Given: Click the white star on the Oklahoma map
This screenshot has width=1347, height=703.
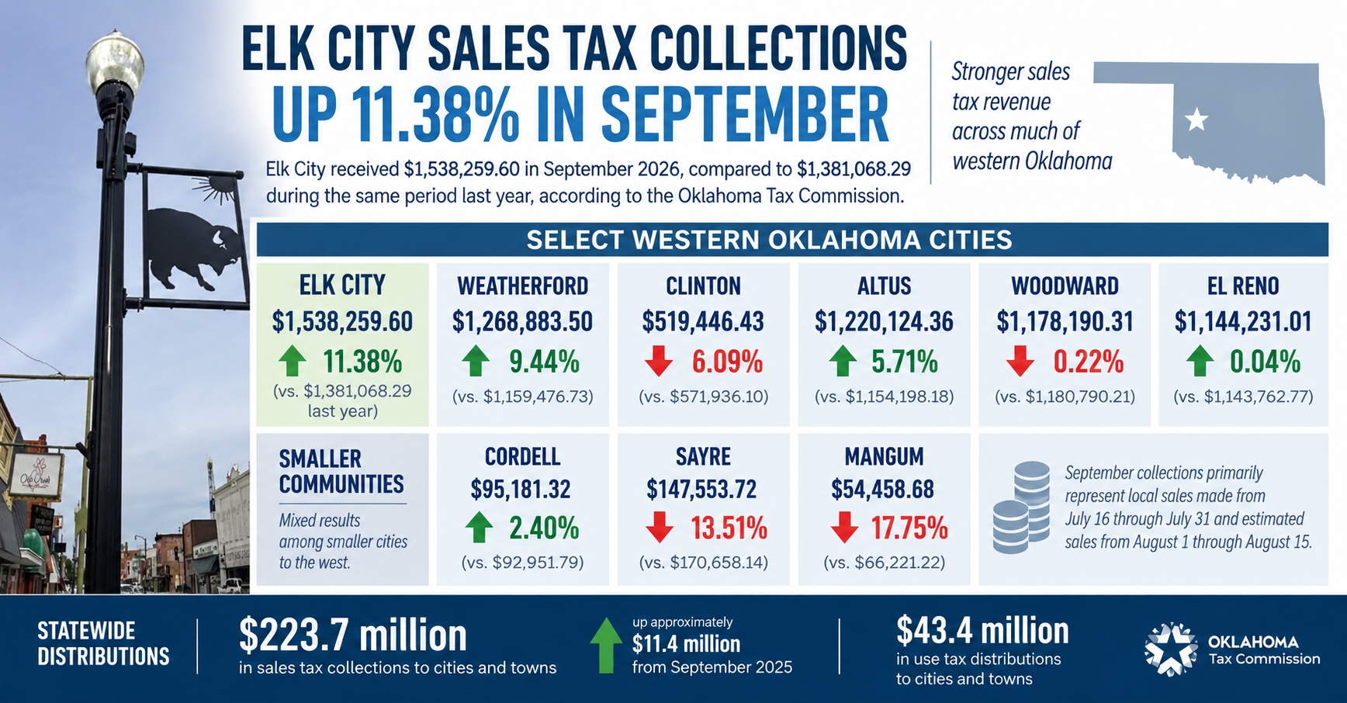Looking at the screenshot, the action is pyautogui.click(x=1197, y=119).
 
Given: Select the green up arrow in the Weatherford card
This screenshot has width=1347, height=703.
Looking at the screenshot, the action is pyautogui.click(x=476, y=362).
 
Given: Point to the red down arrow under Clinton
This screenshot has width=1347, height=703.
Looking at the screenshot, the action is pyautogui.click(x=659, y=362).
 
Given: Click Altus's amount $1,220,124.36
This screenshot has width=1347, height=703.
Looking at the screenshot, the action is pyautogui.click(x=884, y=321).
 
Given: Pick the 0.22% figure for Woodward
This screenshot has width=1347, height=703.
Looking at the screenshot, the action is pyautogui.click(x=1088, y=362).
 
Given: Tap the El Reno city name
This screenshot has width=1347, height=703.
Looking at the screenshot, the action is pyautogui.click(x=1243, y=286).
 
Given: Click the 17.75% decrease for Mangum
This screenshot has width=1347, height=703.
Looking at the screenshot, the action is pyautogui.click(x=909, y=528).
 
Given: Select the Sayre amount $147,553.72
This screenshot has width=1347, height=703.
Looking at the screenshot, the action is pyautogui.click(x=703, y=489).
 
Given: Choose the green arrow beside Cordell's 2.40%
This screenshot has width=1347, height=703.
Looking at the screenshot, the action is pyautogui.click(x=480, y=528).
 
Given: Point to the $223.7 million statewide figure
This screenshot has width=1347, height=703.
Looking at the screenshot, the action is pyautogui.click(x=353, y=635).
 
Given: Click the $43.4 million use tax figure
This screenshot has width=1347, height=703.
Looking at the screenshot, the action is pyautogui.click(x=982, y=630).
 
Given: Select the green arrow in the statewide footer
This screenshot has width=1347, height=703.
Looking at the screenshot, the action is pyautogui.click(x=606, y=645).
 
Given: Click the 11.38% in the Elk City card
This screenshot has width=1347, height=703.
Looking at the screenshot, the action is pyautogui.click(x=362, y=362).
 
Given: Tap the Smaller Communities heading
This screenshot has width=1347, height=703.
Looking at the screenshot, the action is pyautogui.click(x=341, y=471).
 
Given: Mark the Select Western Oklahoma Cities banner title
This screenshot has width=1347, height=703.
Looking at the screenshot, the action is pyautogui.click(x=769, y=240).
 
